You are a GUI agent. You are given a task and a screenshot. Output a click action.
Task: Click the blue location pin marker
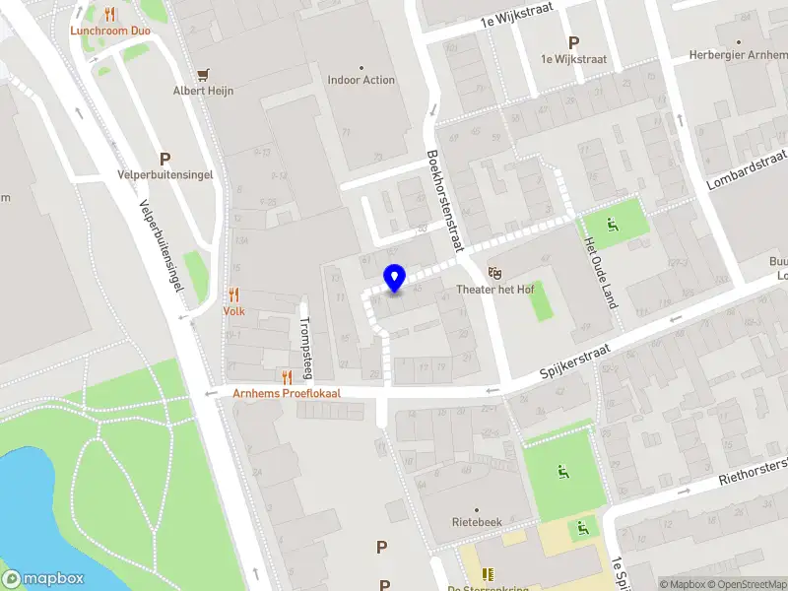tap(394, 278)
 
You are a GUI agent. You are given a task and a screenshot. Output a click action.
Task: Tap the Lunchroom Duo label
tap(109, 31)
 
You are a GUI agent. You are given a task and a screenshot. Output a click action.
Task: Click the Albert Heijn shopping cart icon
tap(204, 74)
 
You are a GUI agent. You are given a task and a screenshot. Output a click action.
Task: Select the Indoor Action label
tap(361, 80)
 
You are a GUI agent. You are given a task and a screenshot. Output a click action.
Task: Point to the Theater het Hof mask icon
tap(494, 271)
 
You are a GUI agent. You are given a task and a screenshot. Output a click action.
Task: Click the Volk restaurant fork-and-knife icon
tap(233, 295)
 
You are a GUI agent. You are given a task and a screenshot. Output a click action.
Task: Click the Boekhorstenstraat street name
tap(444, 201)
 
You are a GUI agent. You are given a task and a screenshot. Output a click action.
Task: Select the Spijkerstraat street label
tap(576, 361)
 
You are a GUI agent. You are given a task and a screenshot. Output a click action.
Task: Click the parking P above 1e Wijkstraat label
tap(573, 42)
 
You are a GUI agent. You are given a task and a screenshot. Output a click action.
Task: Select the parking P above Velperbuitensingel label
tap(164, 159)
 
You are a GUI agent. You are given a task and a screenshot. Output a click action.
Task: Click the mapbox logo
tap(42, 578)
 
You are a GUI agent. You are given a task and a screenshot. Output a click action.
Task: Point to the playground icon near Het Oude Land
tap(613, 226)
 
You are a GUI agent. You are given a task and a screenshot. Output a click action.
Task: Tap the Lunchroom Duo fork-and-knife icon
tap(109, 14)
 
